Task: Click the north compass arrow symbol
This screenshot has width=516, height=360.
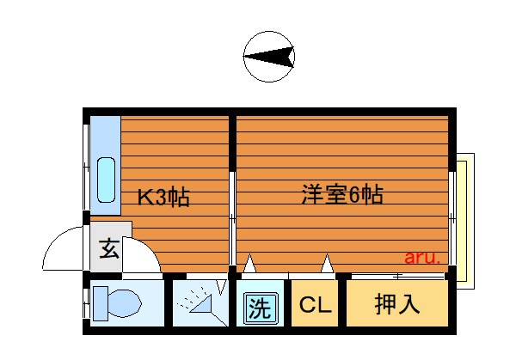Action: coord(269,57)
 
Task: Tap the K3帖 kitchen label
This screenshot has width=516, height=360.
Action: coord(164,198)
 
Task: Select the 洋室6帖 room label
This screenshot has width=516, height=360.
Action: coord(341,194)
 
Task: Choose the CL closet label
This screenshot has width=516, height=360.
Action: coord(315,305)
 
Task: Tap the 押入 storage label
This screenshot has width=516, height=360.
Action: coord(396,305)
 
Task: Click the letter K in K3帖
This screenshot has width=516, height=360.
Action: coord(145,198)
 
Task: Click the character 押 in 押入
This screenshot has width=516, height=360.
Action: coord(384,305)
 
